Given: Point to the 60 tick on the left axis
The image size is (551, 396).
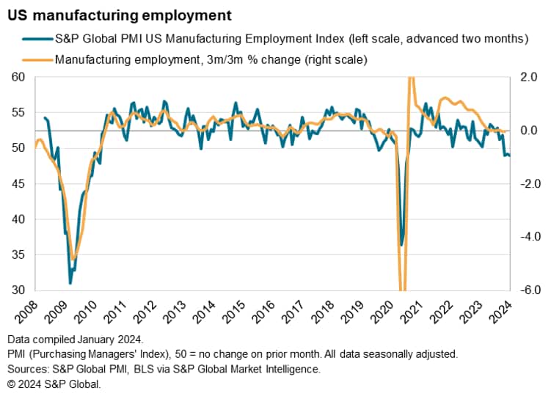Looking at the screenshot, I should click(x=18, y=77).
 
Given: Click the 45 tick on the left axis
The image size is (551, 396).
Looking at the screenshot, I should click(x=18, y=183).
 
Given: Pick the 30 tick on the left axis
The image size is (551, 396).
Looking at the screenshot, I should click(x=18, y=290).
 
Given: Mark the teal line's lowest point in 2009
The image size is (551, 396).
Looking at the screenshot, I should click(x=70, y=283).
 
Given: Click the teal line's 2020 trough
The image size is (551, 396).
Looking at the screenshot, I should click(x=401, y=246).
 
